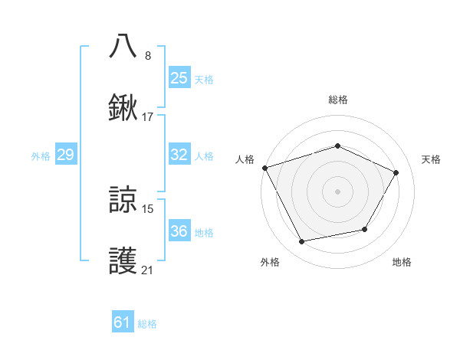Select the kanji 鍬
(x=123, y=107)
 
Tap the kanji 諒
(x=123, y=200)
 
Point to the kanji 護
(x=123, y=261)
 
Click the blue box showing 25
(x=179, y=77)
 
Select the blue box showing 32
(x=179, y=155)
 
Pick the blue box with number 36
(x=179, y=231)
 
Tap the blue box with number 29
(x=65, y=155)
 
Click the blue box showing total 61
(x=123, y=322)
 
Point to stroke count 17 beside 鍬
(x=148, y=117)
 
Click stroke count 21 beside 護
(x=148, y=270)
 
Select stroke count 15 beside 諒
(x=148, y=208)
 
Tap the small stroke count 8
(x=148, y=55)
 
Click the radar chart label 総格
(x=337, y=100)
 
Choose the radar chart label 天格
(x=431, y=159)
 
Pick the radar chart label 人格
(x=245, y=159)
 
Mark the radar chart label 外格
(x=270, y=263)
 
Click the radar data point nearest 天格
(x=396, y=172)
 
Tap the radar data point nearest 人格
(x=264, y=168)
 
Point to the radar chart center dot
(x=337, y=191)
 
